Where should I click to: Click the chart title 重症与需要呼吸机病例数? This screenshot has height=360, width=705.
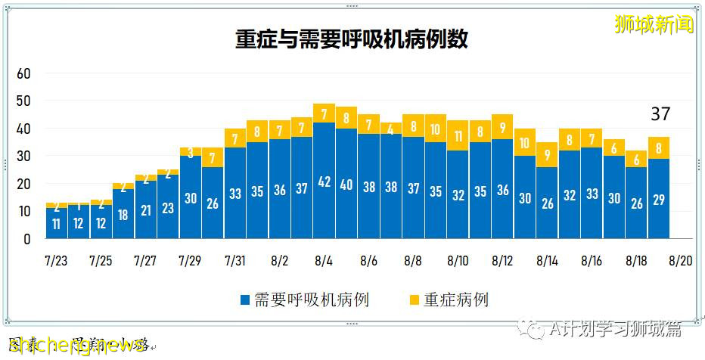click(x=352, y=40)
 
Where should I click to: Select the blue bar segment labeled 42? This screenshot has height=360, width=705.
click(x=325, y=181)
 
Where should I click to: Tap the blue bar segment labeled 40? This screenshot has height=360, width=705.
click(x=346, y=184)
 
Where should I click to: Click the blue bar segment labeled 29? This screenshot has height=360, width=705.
click(x=659, y=199)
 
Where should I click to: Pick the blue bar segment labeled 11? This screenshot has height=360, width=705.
click(x=56, y=224)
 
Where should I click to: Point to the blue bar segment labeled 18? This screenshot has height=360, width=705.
click(x=123, y=214)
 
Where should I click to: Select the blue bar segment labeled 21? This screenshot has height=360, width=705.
click(x=146, y=210)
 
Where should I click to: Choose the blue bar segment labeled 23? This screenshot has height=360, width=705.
click(x=168, y=207)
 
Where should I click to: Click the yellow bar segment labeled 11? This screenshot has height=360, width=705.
click(x=458, y=136)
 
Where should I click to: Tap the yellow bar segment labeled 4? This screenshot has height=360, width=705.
click(x=391, y=129)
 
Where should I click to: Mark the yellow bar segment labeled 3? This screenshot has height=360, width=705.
click(x=191, y=152)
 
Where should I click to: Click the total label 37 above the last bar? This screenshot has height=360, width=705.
click(x=660, y=114)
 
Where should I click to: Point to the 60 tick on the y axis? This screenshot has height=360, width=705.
click(x=23, y=73)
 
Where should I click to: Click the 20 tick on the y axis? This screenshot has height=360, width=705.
click(x=23, y=184)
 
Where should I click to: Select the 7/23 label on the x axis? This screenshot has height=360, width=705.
click(x=56, y=261)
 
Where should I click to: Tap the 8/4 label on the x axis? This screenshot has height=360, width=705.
click(x=324, y=261)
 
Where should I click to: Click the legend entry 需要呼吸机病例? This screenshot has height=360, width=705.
click(x=304, y=299)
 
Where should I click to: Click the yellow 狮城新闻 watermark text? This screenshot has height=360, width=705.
click(x=654, y=25)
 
